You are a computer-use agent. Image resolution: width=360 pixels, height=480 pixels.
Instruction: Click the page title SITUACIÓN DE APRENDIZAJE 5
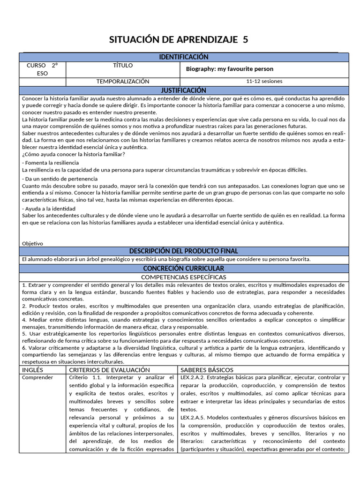click(179, 40)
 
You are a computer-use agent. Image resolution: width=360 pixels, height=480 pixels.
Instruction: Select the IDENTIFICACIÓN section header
click(183, 57)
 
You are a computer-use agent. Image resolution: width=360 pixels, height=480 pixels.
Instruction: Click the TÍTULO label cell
click(123, 66)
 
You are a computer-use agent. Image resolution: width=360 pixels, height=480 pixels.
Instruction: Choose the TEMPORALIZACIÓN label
click(123, 82)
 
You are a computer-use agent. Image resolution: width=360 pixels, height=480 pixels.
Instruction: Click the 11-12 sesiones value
click(264, 82)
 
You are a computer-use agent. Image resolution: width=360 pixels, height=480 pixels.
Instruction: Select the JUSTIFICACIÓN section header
click(183, 90)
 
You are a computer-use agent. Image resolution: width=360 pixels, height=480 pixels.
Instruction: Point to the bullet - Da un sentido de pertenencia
click(60, 179)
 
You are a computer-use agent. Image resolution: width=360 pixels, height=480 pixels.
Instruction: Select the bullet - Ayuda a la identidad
click(48, 209)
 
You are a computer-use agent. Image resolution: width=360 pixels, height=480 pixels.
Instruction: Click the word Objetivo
click(32, 243)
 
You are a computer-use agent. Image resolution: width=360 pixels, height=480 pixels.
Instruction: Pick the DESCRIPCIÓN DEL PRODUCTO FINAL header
click(183, 251)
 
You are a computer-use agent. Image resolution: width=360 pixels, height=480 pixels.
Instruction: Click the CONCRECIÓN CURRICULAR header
click(183, 269)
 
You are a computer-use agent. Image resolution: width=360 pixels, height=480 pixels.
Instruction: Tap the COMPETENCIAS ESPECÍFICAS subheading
click(183, 277)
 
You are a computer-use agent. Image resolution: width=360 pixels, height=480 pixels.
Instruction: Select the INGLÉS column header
click(33, 370)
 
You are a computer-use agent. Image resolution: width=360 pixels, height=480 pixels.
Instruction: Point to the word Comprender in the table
click(37, 377)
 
